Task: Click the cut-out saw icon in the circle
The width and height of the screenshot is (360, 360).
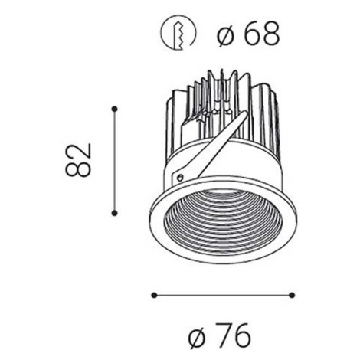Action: [x=178, y=34]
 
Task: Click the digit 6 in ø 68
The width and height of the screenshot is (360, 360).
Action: [x=251, y=34]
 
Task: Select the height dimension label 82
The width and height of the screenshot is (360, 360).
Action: [x=78, y=160]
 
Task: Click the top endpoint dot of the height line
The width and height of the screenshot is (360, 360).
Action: [x=115, y=109]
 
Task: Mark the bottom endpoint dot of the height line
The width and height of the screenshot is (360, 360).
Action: [x=115, y=213]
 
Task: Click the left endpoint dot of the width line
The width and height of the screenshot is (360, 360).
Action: [x=154, y=296]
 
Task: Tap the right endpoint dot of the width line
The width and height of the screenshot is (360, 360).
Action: [x=293, y=296]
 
